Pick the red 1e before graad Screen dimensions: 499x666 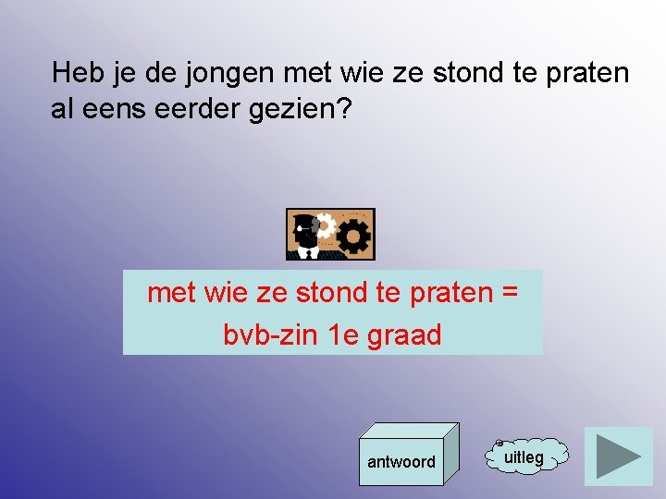[x=342, y=335]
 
